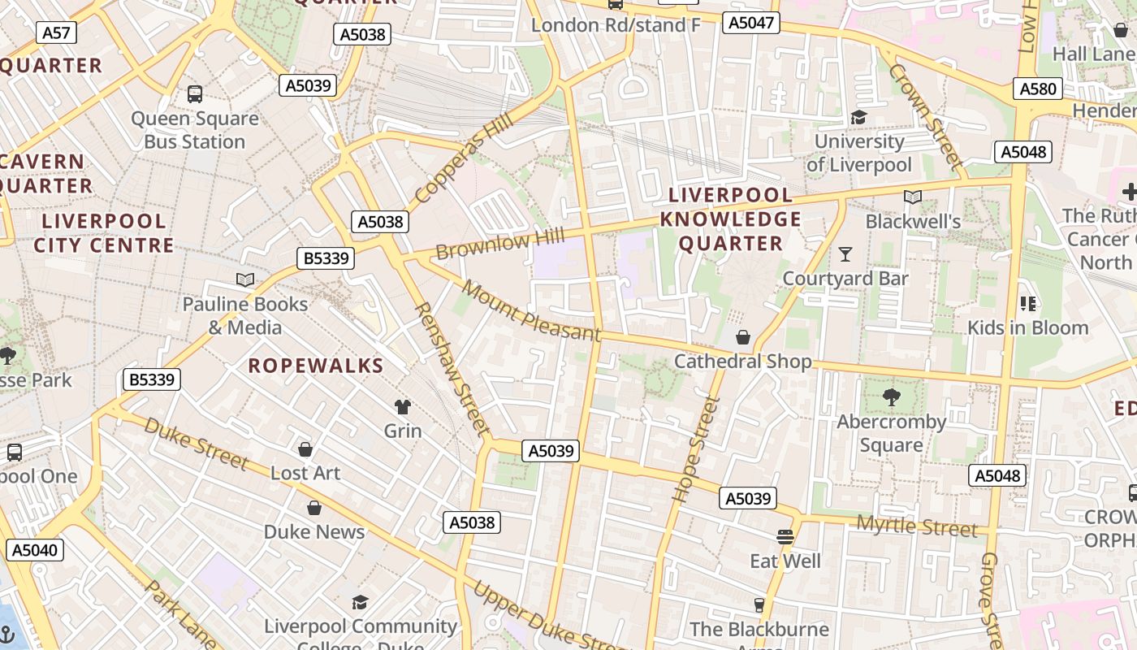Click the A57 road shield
pyautogui.click(x=57, y=32)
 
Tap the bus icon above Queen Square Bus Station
pyautogui.click(x=195, y=93)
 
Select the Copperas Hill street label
pyautogui.click(x=464, y=158)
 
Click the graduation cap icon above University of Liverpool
pyautogui.click(x=858, y=118)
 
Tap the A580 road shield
pyautogui.click(x=1038, y=89)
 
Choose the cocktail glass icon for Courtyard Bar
pyautogui.click(x=845, y=254)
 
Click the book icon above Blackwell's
pyautogui.click(x=913, y=197)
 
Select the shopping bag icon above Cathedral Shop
pyautogui.click(x=742, y=337)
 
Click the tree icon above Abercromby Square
pyautogui.click(x=892, y=397)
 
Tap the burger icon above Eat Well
pyautogui.click(x=785, y=537)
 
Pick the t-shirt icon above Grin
pyautogui.click(x=403, y=406)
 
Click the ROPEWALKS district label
pyautogui.click(x=316, y=366)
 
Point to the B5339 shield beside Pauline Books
pyautogui.click(x=326, y=258)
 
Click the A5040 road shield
pyautogui.click(x=35, y=550)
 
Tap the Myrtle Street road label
pyautogui.click(x=917, y=526)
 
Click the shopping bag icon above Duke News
pyautogui.click(x=314, y=508)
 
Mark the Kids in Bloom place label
pyautogui.click(x=1027, y=327)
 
